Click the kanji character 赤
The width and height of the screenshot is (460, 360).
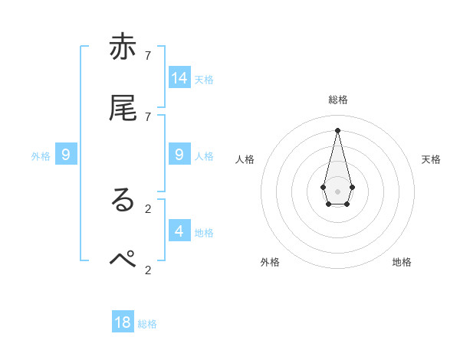pyautogui.click(x=123, y=47)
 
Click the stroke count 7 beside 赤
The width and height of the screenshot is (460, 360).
pyautogui.click(x=148, y=56)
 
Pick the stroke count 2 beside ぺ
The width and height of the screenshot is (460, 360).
pyautogui.click(x=148, y=270)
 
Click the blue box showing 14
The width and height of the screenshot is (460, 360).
pyautogui.click(x=179, y=77)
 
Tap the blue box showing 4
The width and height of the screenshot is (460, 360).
pyautogui.click(x=179, y=231)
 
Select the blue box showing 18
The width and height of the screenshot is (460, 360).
pyautogui.click(x=123, y=322)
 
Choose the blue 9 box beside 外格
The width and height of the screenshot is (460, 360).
pyautogui.click(x=66, y=155)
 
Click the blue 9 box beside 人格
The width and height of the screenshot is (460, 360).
pyautogui.click(x=179, y=155)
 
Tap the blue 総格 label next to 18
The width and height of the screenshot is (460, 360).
pyautogui.click(x=147, y=324)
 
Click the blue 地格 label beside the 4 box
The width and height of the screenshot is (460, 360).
pyautogui.click(x=204, y=232)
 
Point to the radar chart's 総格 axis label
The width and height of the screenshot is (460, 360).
pyautogui.click(x=337, y=100)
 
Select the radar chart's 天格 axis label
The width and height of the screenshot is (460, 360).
pyautogui.click(x=431, y=159)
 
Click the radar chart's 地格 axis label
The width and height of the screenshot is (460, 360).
pyautogui.click(x=402, y=262)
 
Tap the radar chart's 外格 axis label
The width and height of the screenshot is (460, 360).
pyautogui.click(x=270, y=262)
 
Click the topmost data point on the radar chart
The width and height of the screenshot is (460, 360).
pyautogui.click(x=337, y=129)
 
